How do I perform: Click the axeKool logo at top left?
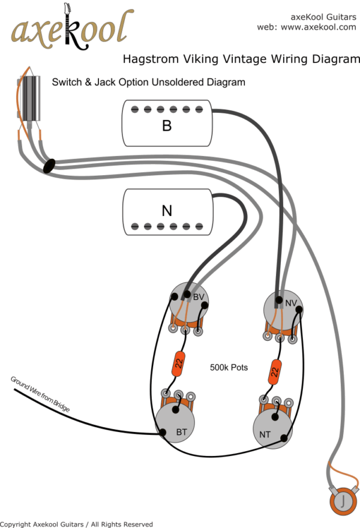pos(71,29)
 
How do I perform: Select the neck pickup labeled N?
pos(167,211)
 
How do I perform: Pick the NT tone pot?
pos(272,427)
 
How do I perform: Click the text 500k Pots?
pos(229,367)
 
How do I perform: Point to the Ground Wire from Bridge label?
pos(40,394)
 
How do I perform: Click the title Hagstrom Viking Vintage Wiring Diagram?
pos(241,59)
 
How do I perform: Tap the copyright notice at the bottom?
pos(77,524)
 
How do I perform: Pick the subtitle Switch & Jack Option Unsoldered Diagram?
pos(148,82)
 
